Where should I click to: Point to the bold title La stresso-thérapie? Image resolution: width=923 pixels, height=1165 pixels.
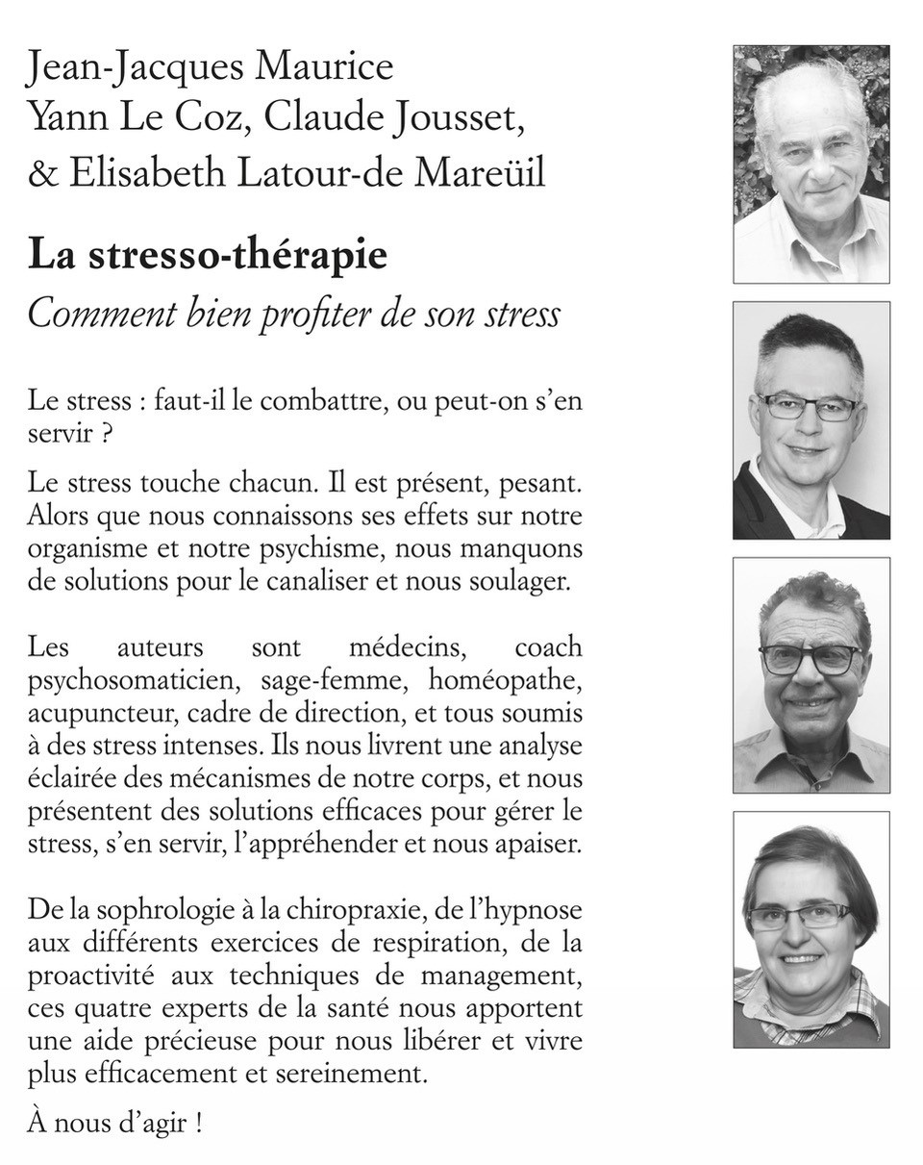click(208, 256)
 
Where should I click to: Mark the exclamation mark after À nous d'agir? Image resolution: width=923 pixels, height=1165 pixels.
click(198, 1124)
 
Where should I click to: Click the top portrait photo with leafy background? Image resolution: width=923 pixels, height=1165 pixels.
click(811, 164)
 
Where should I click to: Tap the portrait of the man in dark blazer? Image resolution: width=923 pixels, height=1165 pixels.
click(811, 419)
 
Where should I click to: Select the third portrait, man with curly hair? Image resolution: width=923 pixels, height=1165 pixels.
click(811, 674)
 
